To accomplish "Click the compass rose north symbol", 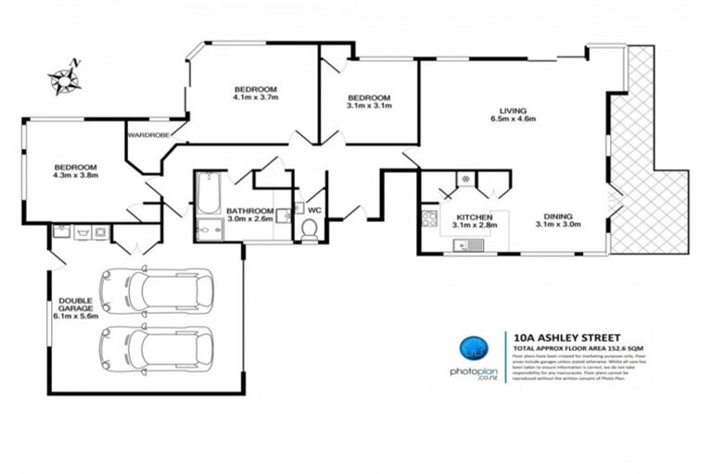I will point(65,77).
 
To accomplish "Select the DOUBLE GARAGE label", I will point(75,306).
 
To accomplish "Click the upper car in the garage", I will point(157,291).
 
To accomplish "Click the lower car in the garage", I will point(157,349).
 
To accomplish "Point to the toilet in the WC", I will point(309,232).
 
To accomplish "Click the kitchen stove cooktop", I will point(429,220).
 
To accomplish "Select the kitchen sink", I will point(474,245).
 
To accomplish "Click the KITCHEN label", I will point(475,217).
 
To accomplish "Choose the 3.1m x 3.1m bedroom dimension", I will point(369,106).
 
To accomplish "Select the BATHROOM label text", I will point(249,211).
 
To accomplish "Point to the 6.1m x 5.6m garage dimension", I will point(75,318).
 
